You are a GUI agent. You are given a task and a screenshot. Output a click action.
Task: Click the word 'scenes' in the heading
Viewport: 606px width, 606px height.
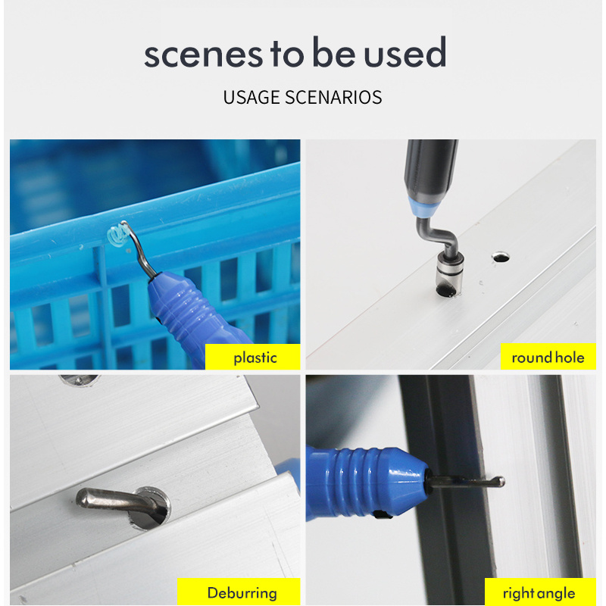pyautogui.click(x=204, y=55)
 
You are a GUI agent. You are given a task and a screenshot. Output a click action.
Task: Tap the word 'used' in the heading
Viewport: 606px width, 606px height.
pyautogui.click(x=405, y=52)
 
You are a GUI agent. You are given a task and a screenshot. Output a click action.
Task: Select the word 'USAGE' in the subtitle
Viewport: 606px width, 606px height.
pyautogui.click(x=251, y=98)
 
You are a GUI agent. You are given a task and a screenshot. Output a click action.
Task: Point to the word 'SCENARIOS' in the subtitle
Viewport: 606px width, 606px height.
pyautogui.click(x=333, y=98)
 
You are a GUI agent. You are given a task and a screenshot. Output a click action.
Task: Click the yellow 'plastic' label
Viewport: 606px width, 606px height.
pyautogui.click(x=253, y=357)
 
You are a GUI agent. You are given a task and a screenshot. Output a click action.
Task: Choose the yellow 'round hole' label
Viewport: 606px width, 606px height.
pyautogui.click(x=548, y=357)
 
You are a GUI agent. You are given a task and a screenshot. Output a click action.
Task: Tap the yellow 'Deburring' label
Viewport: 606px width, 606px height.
pyautogui.click(x=239, y=592)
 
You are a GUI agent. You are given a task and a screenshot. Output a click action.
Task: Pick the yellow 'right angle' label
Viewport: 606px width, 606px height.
pyautogui.click(x=540, y=592)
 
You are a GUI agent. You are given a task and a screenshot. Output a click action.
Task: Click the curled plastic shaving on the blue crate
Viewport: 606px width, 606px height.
pyautogui.click(x=118, y=236)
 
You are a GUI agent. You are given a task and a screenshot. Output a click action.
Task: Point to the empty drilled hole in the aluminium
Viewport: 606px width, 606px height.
pyautogui.click(x=501, y=257)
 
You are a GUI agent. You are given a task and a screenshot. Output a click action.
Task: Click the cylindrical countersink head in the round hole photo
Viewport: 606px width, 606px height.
pyautogui.click(x=449, y=273)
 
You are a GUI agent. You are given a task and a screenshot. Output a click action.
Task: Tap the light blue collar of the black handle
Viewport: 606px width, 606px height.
pyautogui.click(x=423, y=207)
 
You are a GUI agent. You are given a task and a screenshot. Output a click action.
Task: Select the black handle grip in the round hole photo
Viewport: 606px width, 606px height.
pyautogui.click(x=430, y=170)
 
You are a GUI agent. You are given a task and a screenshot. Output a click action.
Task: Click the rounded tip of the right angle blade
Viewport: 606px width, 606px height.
pyautogui.click(x=501, y=482)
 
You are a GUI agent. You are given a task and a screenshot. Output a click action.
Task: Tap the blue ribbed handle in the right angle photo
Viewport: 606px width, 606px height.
pyautogui.click(x=365, y=483)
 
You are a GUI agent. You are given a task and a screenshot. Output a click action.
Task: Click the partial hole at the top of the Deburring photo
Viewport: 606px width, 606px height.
pyautogui.click(x=80, y=380)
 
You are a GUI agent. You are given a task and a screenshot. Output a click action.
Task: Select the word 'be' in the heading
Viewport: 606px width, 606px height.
pyautogui.click(x=333, y=52)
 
